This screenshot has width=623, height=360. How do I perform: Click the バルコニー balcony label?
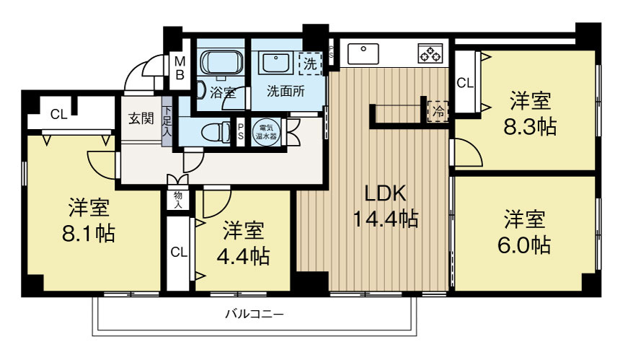[x=255, y=315]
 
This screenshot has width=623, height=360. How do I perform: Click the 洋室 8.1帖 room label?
[x=90, y=221]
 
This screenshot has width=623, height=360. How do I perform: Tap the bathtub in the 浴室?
[x=221, y=63]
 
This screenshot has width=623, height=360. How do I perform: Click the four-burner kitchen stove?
[x=430, y=53]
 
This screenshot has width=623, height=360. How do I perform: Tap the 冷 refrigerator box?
[x=438, y=112]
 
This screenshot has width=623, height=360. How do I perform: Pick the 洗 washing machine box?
[x=310, y=63]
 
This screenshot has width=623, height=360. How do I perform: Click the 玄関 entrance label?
[x=141, y=118]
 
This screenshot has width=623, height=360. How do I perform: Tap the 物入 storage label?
[x=177, y=199]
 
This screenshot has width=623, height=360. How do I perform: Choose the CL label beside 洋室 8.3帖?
[x=465, y=83]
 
